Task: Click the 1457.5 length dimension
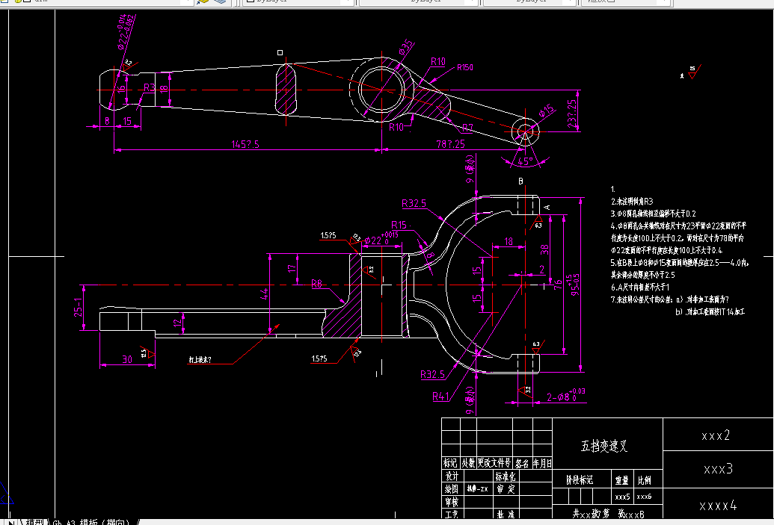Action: [x=246, y=144]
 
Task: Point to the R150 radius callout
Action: [x=464, y=67]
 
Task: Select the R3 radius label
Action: [x=150, y=87]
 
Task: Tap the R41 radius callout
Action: [x=442, y=397]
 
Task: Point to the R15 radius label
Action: [x=399, y=225]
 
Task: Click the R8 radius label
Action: [x=317, y=283]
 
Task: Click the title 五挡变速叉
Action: [x=604, y=447]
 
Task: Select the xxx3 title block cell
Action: [x=718, y=469]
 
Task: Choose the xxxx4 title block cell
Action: [x=718, y=506]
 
